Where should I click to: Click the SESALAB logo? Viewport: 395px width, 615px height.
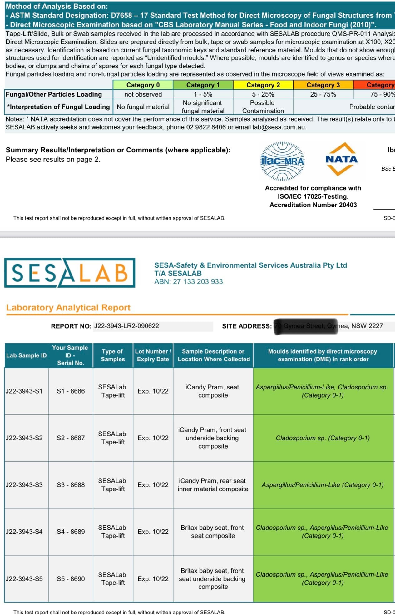coord(70,272)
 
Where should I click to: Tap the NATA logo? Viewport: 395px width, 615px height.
coord(341,159)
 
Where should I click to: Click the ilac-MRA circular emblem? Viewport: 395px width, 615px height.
coord(282,161)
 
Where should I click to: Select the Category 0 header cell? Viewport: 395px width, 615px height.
coord(143,85)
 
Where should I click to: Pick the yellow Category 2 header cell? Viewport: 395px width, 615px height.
coord(263,85)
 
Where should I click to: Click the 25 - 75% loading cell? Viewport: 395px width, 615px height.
coord(323,94)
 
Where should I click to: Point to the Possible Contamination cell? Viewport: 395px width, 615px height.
coord(263,107)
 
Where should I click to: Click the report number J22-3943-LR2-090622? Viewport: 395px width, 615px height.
coord(126,326)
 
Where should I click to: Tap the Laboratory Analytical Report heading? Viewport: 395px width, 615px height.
coord(68,308)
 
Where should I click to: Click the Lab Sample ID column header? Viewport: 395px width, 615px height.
coord(26,355)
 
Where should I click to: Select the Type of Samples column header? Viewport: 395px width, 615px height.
coord(113,355)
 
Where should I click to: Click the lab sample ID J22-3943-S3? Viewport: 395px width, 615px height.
coord(24,485)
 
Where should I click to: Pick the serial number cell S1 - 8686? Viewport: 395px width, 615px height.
coord(71,391)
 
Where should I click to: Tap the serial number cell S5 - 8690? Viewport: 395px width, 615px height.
coord(71,579)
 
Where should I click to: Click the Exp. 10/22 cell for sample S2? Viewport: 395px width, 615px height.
coord(153,438)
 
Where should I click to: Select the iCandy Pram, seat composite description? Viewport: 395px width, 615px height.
coord(213,391)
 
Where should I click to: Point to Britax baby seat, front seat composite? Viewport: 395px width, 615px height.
coord(213,532)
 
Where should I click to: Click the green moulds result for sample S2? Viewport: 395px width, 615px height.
coord(323,438)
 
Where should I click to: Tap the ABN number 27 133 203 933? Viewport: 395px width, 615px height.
coord(188,281)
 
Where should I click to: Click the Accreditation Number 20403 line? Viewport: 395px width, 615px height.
coord(313,205)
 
